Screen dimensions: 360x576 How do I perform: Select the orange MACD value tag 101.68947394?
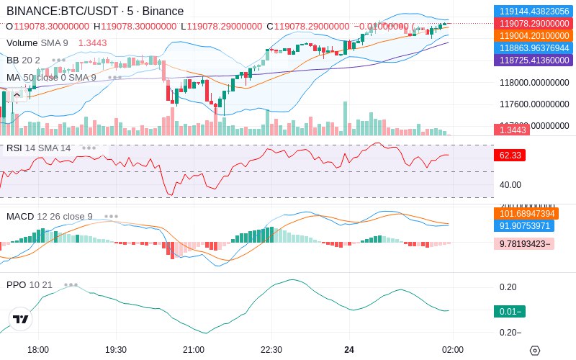[526, 214]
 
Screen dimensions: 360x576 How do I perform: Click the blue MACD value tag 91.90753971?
[526, 226]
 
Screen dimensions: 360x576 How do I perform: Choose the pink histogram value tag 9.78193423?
[526, 244]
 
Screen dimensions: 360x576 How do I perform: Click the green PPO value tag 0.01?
[509, 311]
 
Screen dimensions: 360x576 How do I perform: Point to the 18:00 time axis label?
[38, 350]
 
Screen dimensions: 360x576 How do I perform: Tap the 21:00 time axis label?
[194, 350]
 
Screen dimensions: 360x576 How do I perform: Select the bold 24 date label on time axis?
[349, 350]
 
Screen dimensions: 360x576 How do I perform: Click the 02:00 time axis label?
[451, 350]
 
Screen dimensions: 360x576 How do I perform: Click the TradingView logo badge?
[21, 319]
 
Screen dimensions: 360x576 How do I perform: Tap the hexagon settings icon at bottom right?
[534, 351]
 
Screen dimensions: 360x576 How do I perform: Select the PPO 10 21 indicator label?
[30, 285]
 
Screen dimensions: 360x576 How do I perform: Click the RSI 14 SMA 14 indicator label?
[39, 148]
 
